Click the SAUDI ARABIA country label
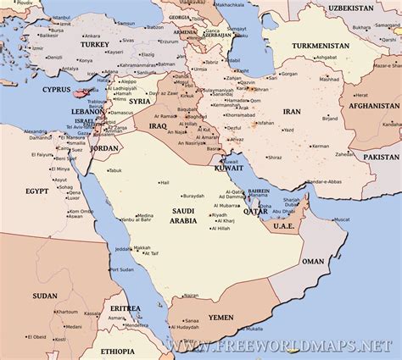pyautogui.click(x=182, y=216)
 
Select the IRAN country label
pyautogui.click(x=292, y=111)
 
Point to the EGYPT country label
pyautogui.click(x=36, y=191)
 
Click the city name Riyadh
pyautogui.click(x=223, y=215)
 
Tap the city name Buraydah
pyautogui.click(x=194, y=196)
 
